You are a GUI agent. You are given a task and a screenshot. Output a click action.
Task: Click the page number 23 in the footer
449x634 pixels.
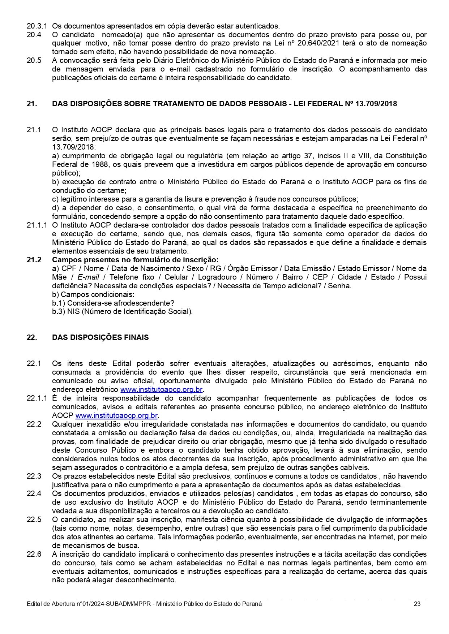pyautogui.click(x=417, y=604)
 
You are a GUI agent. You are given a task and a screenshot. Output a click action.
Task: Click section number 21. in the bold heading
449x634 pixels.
pyautogui.click(x=32, y=104)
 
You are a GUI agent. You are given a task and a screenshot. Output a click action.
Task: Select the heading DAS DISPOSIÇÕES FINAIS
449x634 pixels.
pyautogui.click(x=100, y=337)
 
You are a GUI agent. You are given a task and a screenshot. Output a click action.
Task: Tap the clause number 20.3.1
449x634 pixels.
pyautogui.click(x=37, y=26)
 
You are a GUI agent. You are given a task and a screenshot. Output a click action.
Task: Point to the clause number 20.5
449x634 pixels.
pyautogui.click(x=34, y=61)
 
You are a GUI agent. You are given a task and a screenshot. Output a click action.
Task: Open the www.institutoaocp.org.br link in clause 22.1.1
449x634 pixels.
pyautogui.click(x=116, y=415)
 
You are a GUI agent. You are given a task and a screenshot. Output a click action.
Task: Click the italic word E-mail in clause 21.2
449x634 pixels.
pyautogui.click(x=88, y=277)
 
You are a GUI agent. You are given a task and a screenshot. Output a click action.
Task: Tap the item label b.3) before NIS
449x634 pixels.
pyautogui.click(x=59, y=311)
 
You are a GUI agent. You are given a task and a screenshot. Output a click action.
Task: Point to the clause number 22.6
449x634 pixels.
pyautogui.click(x=34, y=554)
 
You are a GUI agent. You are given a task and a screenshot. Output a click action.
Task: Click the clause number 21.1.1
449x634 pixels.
pyautogui.click(x=37, y=225)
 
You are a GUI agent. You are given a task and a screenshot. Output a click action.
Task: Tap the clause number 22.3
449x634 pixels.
pyautogui.click(x=34, y=476)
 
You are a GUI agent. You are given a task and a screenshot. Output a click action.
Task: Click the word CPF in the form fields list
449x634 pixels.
pyautogui.click(x=69, y=268)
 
